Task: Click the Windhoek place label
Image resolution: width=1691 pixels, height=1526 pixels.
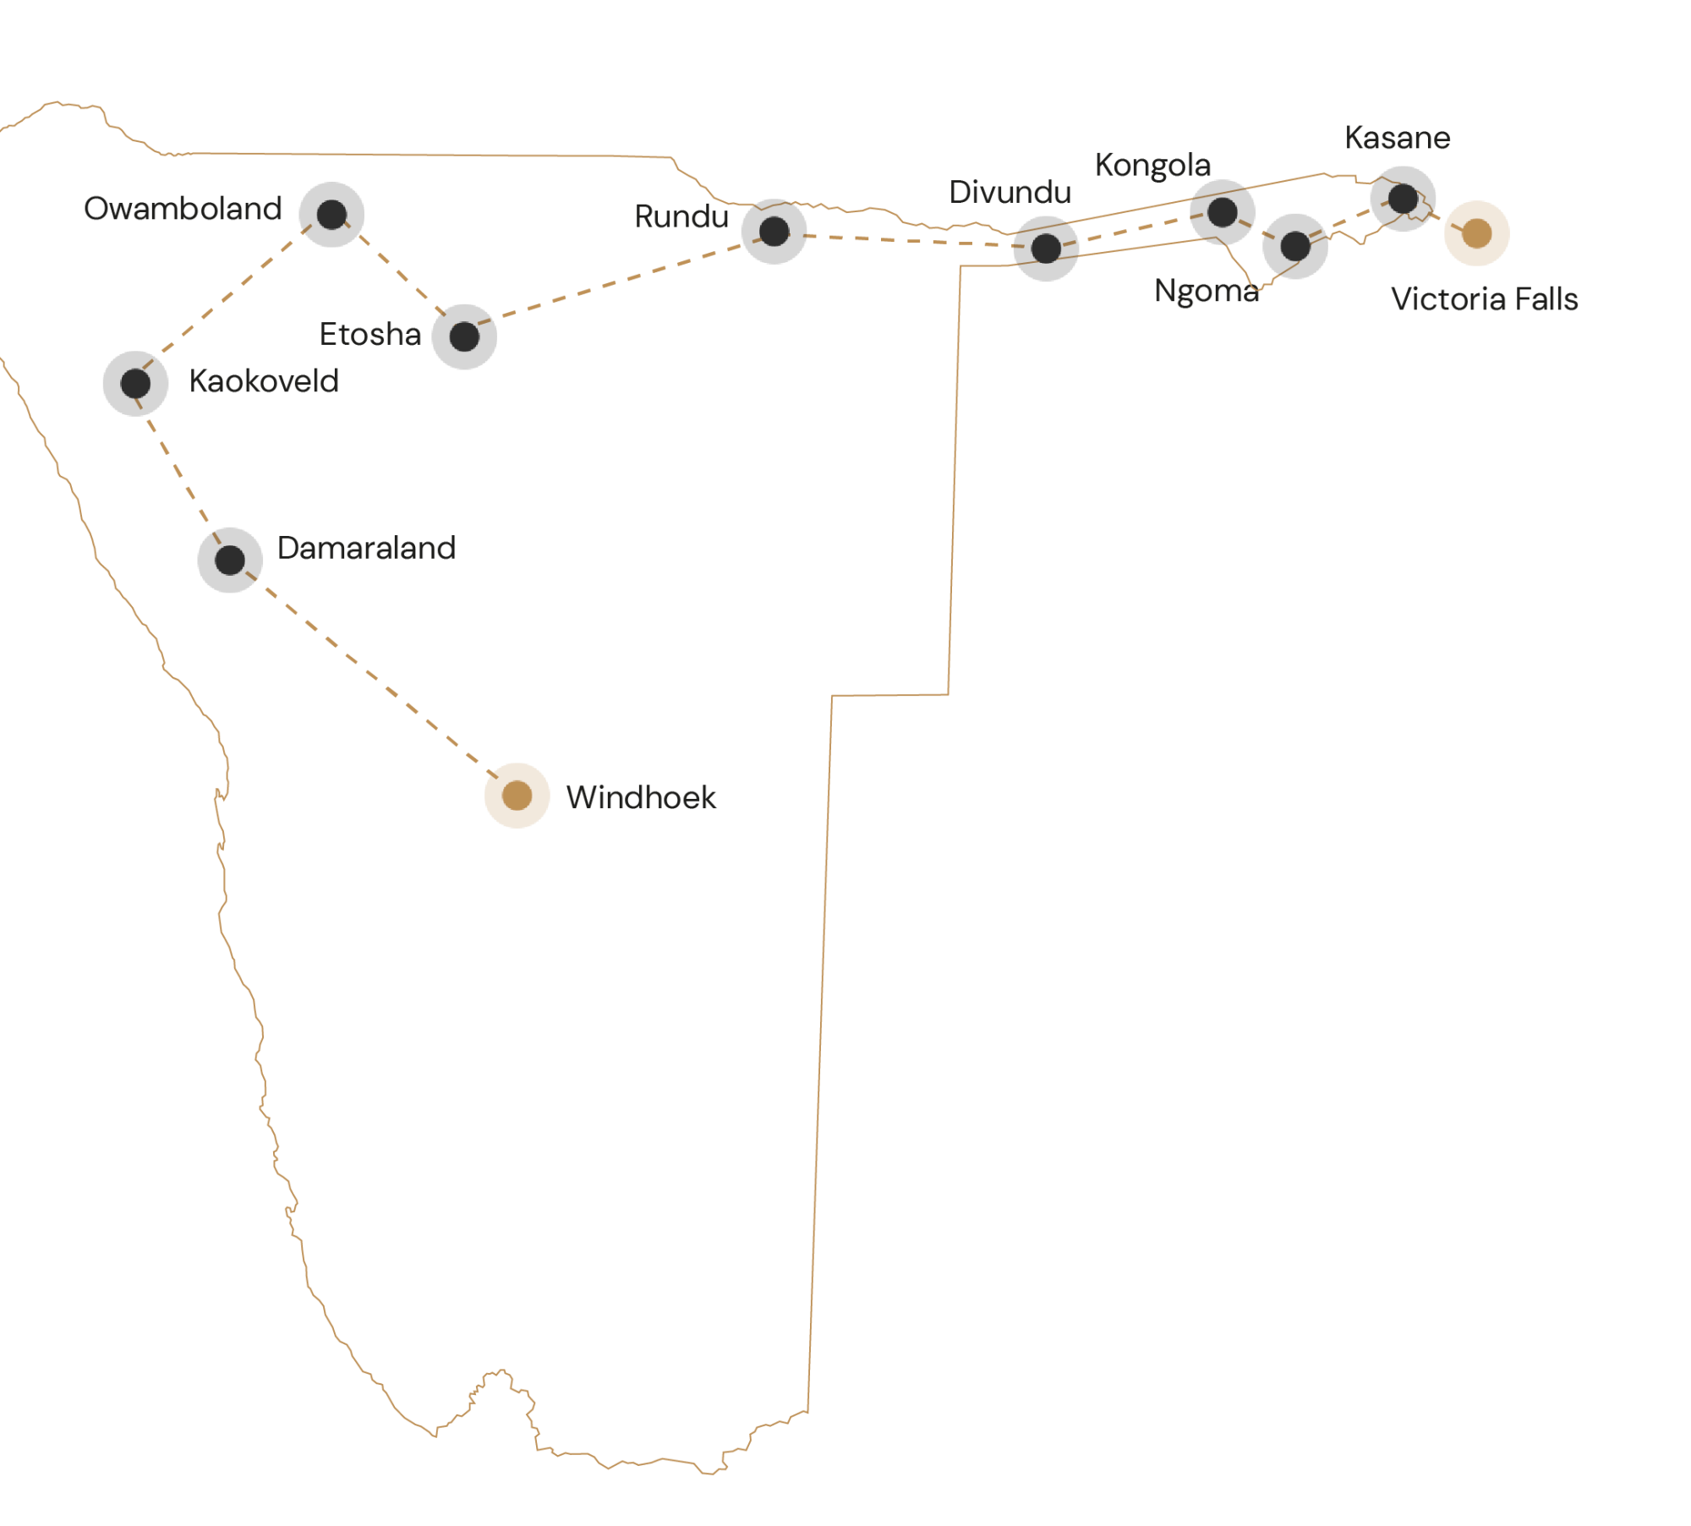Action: click(x=641, y=797)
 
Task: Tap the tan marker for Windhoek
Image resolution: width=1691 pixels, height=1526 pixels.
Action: click(x=517, y=796)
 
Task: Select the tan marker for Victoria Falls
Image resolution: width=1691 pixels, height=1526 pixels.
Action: click(x=1476, y=233)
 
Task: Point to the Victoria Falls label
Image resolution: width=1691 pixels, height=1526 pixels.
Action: click(x=1485, y=299)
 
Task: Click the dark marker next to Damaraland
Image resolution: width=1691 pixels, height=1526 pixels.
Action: click(x=230, y=561)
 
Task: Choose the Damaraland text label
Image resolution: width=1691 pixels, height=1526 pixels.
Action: click(x=367, y=548)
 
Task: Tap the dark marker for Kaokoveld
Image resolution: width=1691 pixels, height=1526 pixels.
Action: click(x=135, y=384)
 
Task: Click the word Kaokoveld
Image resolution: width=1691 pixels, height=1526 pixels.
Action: click(x=264, y=381)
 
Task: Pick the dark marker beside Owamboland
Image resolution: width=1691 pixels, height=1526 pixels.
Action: click(x=331, y=215)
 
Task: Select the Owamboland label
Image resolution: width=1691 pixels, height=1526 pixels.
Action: click(x=183, y=209)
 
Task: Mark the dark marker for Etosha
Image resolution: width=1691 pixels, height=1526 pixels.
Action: click(x=464, y=336)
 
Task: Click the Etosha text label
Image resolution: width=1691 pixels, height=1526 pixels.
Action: click(x=370, y=335)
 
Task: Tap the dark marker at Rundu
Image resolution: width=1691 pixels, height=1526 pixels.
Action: click(x=774, y=232)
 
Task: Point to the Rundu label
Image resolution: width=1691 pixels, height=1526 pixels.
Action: click(x=681, y=216)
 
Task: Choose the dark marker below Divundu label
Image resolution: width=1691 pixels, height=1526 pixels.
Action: click(x=1046, y=249)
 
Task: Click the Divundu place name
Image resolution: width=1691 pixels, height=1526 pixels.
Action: click(x=1010, y=193)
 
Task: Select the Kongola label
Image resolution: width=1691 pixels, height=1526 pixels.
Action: click(x=1152, y=166)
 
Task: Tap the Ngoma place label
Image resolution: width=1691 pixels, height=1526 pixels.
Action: click(x=1206, y=292)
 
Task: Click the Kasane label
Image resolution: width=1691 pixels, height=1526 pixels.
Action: click(x=1397, y=138)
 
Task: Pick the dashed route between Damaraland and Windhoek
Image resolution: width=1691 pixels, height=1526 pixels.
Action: click(x=372, y=676)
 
